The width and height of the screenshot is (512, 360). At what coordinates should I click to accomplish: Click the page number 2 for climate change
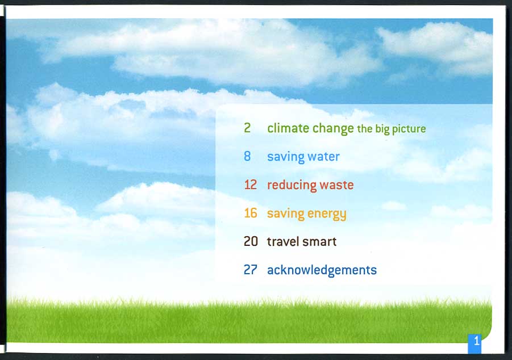pos(247,128)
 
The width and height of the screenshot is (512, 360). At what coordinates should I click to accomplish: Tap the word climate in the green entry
pos(288,128)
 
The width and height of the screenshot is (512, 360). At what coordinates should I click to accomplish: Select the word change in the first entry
pos(333,129)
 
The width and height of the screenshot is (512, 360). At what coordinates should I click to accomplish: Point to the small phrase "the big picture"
pos(392,129)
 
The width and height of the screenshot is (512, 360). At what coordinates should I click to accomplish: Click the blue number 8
pos(247,156)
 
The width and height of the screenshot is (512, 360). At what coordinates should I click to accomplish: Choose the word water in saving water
pos(323,157)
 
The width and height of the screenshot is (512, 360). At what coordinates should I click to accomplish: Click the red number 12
pos(251,185)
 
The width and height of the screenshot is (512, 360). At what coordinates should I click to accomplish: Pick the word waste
pos(336,185)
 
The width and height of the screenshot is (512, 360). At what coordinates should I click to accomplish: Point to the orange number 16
pos(251,213)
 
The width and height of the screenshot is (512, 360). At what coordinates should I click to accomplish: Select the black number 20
pos(251,241)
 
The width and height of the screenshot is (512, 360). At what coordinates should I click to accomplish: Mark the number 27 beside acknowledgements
pos(251,270)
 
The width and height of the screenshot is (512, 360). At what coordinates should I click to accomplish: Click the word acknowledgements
pos(322,271)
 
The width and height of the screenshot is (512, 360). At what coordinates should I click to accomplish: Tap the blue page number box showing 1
pos(474,344)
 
